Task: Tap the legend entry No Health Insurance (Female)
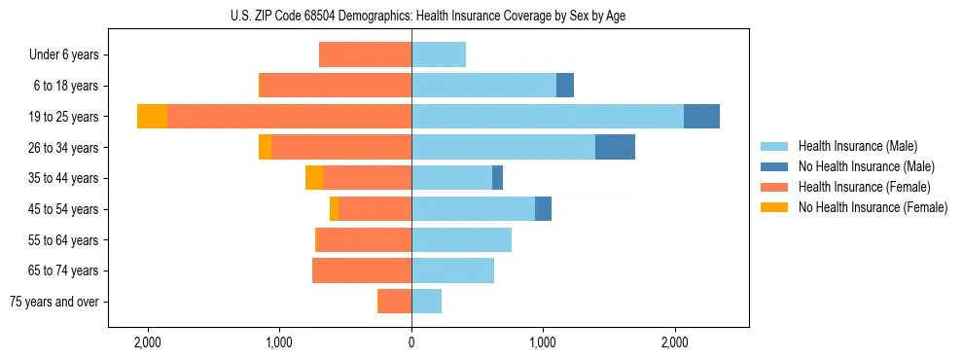pyautogui.click(x=873, y=207)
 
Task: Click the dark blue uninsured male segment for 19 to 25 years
pyautogui.click(x=701, y=117)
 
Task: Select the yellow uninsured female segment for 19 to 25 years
pyautogui.click(x=152, y=117)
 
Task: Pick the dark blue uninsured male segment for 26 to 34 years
pyautogui.click(x=615, y=148)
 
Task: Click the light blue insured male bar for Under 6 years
pyautogui.click(x=439, y=55)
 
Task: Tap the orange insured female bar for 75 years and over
pyautogui.click(x=394, y=302)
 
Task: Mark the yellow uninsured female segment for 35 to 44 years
pyautogui.click(x=314, y=178)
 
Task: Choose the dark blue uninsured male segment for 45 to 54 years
pyautogui.click(x=543, y=209)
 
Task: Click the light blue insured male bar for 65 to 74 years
pyautogui.click(x=452, y=270)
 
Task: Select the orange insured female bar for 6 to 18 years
pyautogui.click(x=336, y=86)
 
